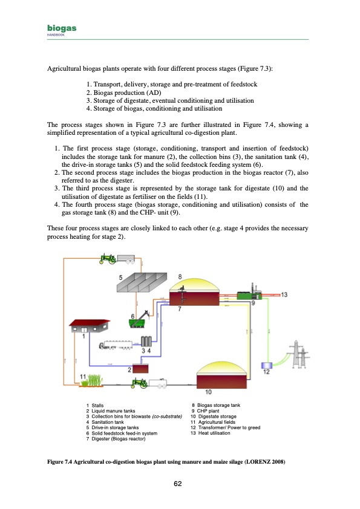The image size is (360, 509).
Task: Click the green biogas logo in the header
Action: [62, 28]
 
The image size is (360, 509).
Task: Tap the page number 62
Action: [178, 484]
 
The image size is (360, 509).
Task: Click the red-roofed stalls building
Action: [90, 326]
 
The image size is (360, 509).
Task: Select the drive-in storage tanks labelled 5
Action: [142, 282]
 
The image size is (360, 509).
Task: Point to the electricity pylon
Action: [298, 354]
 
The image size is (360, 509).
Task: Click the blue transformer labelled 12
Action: [266, 365]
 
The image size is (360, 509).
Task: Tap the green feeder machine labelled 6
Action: [140, 320]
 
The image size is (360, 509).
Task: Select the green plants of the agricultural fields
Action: [92, 380]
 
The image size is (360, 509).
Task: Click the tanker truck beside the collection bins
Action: [116, 345]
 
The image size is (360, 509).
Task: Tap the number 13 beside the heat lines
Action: [284, 295]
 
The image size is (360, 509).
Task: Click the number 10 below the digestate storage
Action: [208, 392]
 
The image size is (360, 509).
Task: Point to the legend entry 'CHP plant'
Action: [208, 411]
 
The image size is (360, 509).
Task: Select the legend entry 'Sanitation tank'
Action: [108, 422]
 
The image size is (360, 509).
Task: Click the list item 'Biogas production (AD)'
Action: [128, 92]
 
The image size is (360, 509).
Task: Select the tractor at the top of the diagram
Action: [108, 259]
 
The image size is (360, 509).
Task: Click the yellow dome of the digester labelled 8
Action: [194, 284]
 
